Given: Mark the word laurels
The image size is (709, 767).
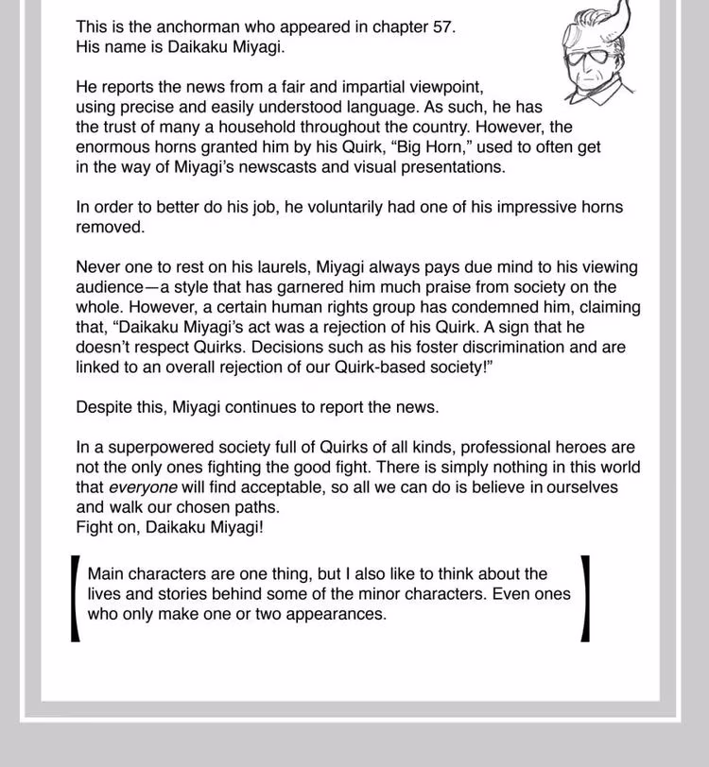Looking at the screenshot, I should point(289,267).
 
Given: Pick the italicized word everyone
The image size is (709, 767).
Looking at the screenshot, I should point(143,487).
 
